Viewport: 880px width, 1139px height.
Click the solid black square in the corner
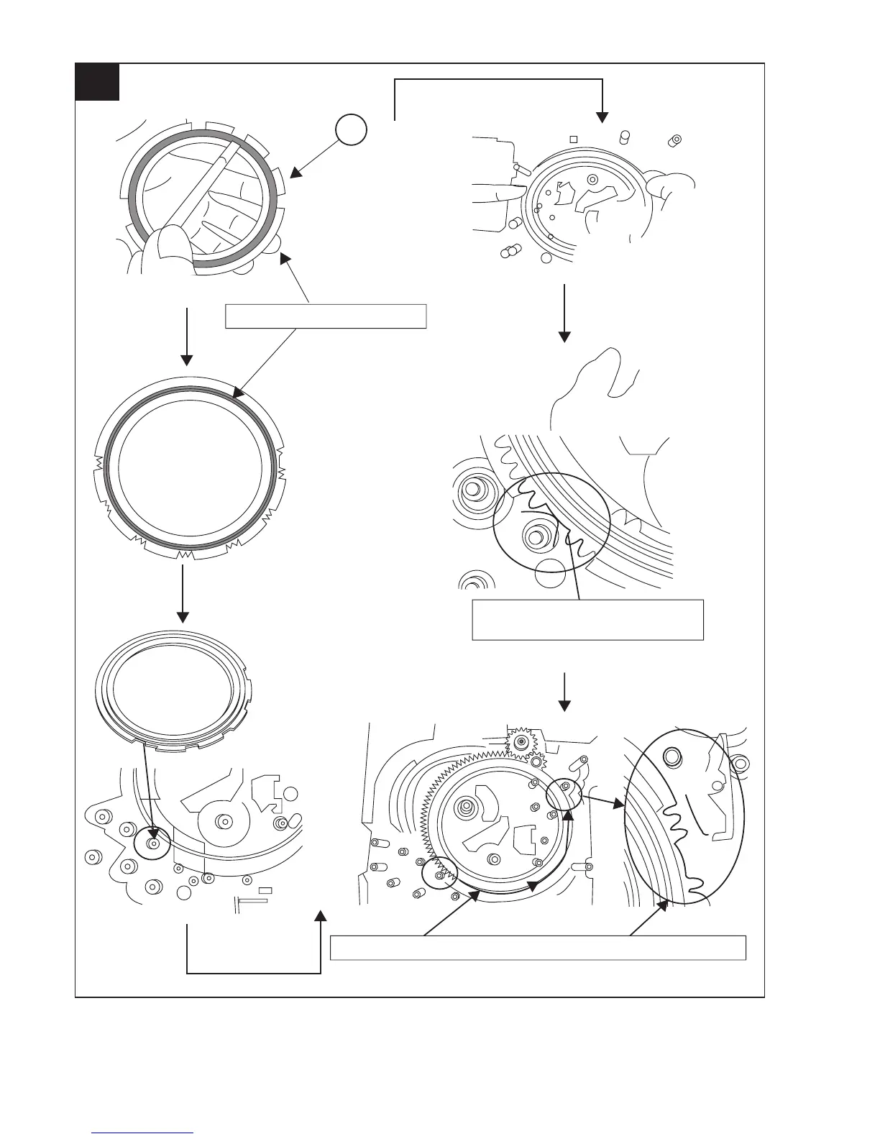pyautogui.click(x=97, y=82)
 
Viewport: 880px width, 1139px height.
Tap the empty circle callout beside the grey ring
pyautogui.click(x=351, y=130)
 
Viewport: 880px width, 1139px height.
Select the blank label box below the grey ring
pyautogui.click(x=326, y=316)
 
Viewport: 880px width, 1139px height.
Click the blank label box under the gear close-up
pyautogui.click(x=587, y=619)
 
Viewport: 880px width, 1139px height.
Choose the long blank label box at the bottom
pyautogui.click(x=537, y=947)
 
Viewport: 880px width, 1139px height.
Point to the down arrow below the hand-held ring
pyautogui.click(x=187, y=338)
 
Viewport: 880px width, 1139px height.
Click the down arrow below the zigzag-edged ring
pyautogui.click(x=183, y=594)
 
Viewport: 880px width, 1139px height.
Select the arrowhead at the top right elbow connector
pyautogui.click(x=601, y=115)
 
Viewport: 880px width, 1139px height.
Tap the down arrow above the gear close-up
pyautogui.click(x=564, y=314)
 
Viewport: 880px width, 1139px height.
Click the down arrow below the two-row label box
pyautogui.click(x=564, y=692)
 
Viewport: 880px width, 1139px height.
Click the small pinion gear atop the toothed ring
pyautogui.click(x=521, y=741)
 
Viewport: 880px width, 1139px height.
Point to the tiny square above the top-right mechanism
pyautogui.click(x=573, y=138)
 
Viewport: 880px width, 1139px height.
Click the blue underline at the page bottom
pyautogui.click(x=143, y=1132)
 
